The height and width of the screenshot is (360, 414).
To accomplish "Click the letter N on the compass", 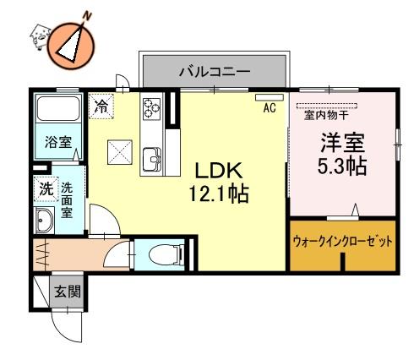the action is (88, 17).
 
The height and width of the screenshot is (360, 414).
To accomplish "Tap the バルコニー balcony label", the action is (215, 71).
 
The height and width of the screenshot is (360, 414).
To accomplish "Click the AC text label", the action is (270, 107).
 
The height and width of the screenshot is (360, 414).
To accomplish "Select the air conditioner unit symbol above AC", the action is (270, 97).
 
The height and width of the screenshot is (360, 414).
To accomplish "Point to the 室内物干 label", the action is (326, 115).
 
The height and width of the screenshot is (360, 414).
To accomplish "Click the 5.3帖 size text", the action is (342, 166).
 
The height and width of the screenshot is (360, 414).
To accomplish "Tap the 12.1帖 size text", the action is (219, 194).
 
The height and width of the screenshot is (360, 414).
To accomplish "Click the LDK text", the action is (219, 171).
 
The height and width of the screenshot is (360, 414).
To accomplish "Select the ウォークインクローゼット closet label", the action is (343, 242).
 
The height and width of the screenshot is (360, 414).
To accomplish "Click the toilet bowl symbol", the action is (165, 254).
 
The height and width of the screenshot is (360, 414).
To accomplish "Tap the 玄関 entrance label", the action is (68, 291).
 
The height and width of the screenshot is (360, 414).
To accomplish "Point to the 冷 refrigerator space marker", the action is (101, 106).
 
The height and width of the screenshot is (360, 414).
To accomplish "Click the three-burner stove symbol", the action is (152, 109).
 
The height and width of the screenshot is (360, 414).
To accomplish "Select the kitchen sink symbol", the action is (152, 160).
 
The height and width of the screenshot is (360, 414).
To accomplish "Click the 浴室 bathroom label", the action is (58, 142).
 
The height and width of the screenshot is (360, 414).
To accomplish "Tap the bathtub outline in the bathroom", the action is (58, 109).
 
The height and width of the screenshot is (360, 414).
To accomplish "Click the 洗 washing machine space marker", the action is (46, 189).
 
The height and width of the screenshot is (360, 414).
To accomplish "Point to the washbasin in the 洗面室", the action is (44, 221).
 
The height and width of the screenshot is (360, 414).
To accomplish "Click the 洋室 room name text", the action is (343, 143).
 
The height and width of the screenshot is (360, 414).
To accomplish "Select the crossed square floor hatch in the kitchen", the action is (120, 152).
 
